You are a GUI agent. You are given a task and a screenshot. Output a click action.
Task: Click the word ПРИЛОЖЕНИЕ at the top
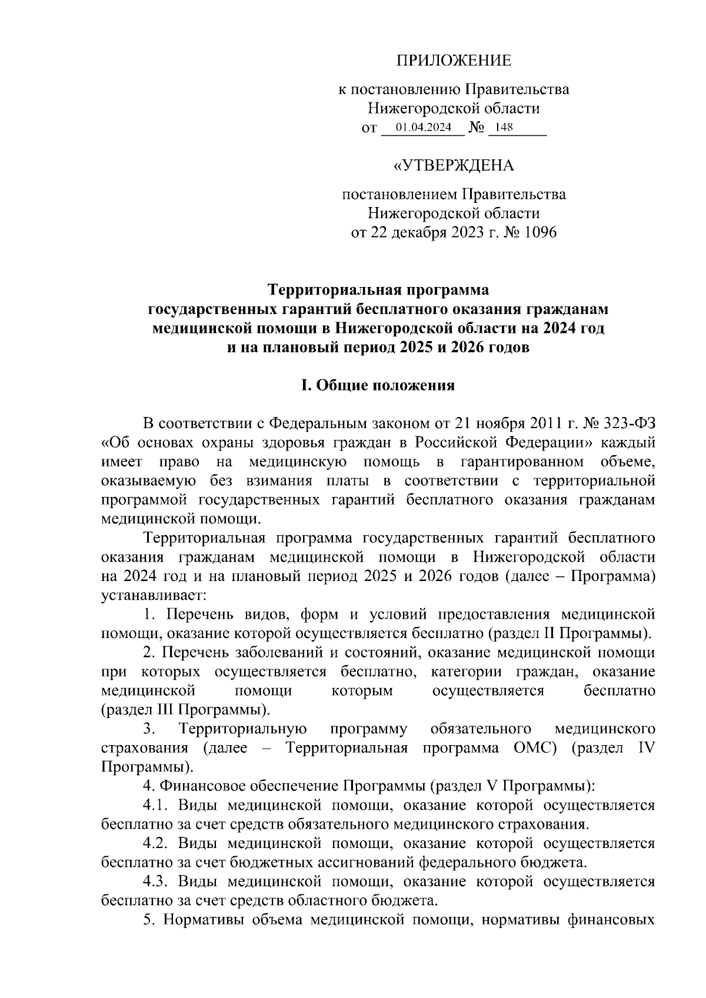(x=454, y=60)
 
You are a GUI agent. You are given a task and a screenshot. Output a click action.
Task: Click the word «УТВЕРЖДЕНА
(x=454, y=166)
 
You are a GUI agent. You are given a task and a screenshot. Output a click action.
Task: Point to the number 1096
(x=537, y=233)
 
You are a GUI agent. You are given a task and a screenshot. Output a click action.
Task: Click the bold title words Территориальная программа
(x=378, y=290)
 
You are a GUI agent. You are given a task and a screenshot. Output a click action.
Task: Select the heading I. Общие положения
(x=378, y=385)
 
